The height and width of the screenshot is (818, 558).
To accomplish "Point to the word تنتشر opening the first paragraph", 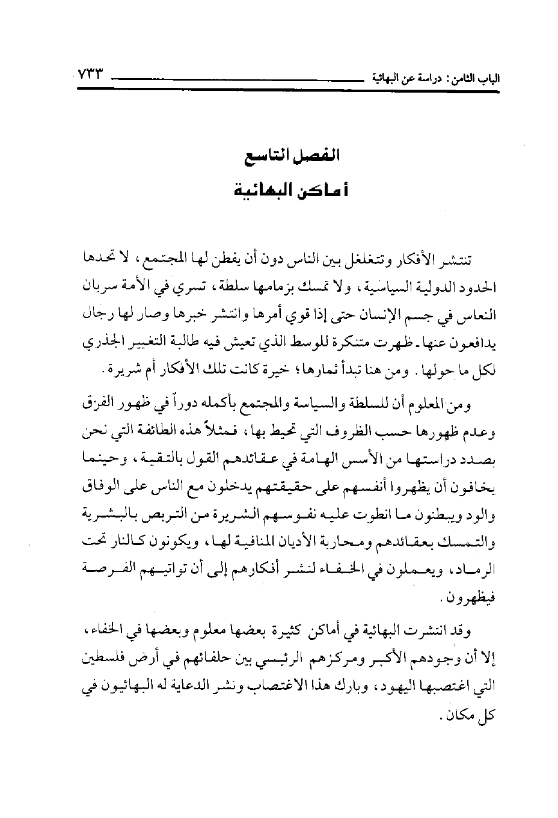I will coord(454,260).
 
